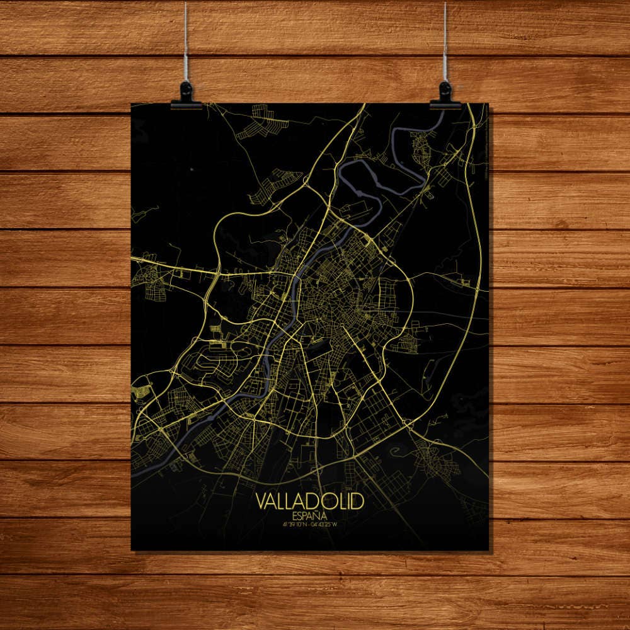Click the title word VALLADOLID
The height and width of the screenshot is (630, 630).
pyautogui.click(x=310, y=502)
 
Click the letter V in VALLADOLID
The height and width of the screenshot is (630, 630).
pyautogui.click(x=261, y=502)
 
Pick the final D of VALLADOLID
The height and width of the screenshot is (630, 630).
pyautogui.click(x=358, y=502)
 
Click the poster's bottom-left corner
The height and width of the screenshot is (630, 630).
pyautogui.click(x=132, y=549)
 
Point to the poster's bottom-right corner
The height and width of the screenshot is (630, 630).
pyautogui.click(x=488, y=549)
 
